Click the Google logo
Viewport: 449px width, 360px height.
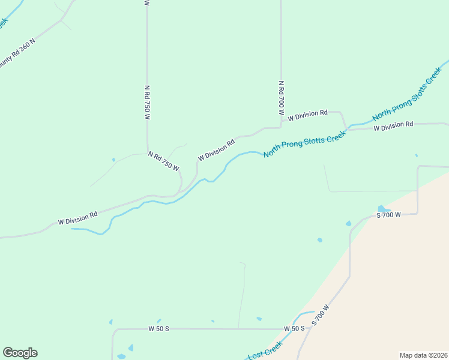(20, 353)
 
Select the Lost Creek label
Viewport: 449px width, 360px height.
(265, 350)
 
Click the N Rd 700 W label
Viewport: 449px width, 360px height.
(280, 98)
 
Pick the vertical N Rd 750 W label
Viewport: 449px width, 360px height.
(146, 103)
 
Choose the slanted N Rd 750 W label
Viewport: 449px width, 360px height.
(164, 161)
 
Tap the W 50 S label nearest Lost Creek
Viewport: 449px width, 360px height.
(294, 329)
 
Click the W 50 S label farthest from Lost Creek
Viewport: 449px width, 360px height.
(158, 329)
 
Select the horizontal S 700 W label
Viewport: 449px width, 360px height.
(388, 215)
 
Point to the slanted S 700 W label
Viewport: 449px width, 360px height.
(321, 316)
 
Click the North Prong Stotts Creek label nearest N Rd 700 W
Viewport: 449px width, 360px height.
(305, 145)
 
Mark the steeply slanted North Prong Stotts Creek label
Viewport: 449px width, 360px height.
(407, 97)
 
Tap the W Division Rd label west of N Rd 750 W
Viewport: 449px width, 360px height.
(78, 218)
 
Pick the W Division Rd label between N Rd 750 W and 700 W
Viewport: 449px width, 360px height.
(217, 150)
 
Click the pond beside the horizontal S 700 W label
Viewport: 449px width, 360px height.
(383, 209)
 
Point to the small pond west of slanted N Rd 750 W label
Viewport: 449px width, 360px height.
(113, 160)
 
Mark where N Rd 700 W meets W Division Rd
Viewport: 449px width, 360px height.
(281, 127)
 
